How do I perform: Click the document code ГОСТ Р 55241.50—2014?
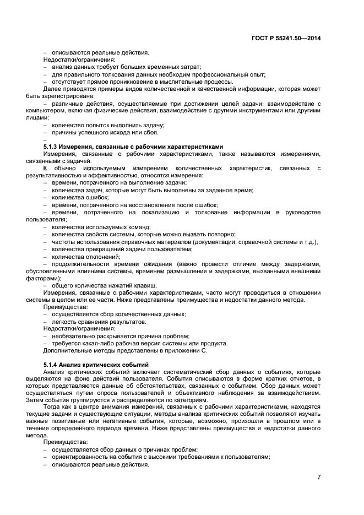click(287, 37)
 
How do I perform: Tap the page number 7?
click(319, 476)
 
